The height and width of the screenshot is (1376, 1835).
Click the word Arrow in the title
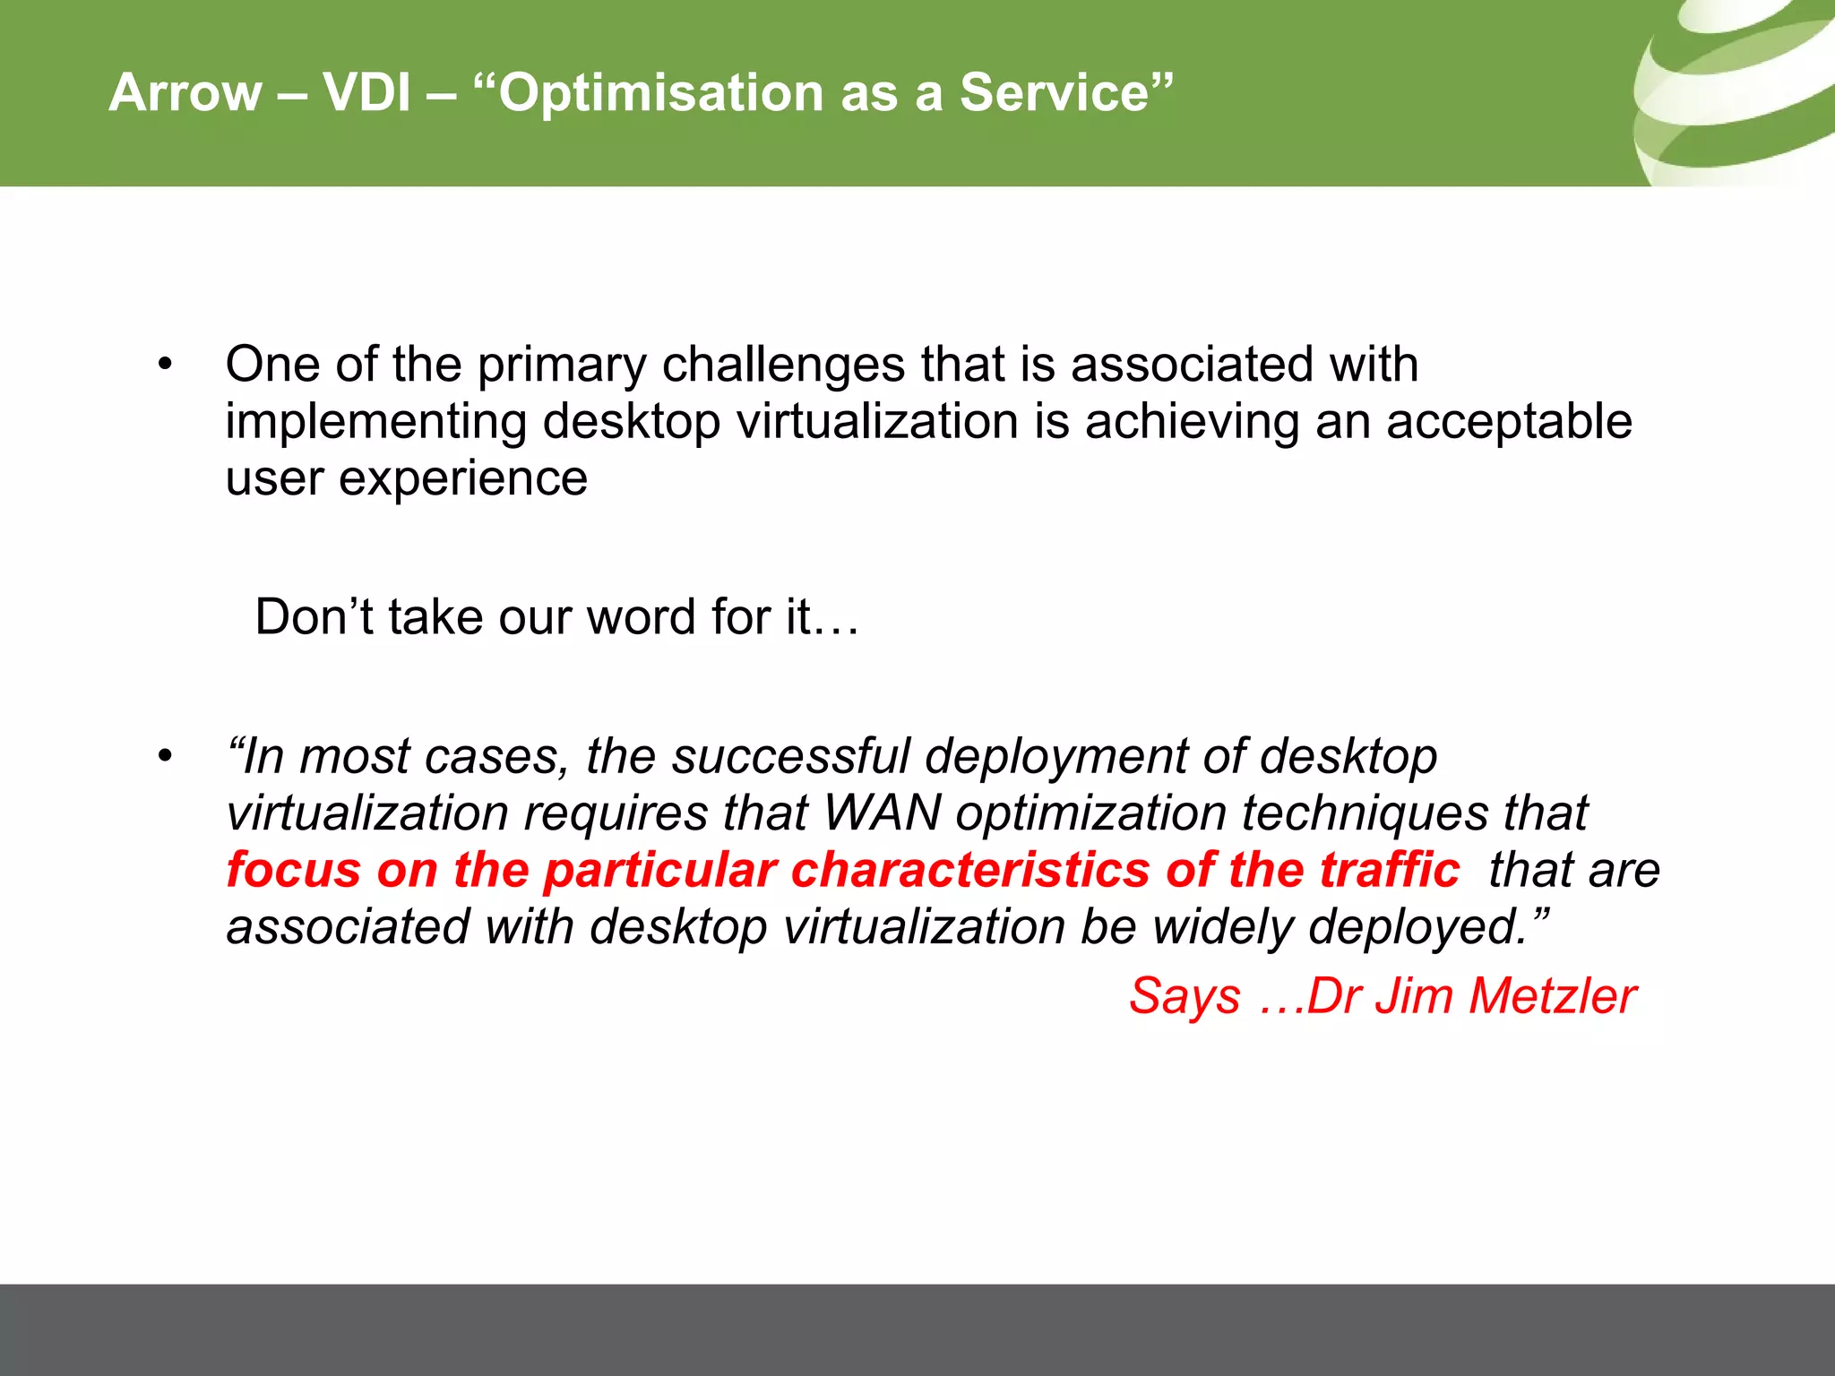(185, 92)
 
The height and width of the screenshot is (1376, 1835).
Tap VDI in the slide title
(366, 92)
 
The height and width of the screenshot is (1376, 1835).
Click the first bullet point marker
(164, 365)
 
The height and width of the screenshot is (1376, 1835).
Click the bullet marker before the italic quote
(164, 757)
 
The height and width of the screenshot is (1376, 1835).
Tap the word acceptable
(1509, 423)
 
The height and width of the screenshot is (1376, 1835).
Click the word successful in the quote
(790, 757)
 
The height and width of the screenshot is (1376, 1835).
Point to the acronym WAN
(882, 813)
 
